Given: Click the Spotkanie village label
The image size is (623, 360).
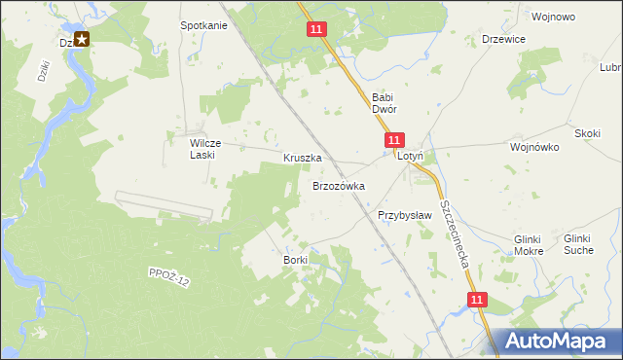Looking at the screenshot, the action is pos(203,25).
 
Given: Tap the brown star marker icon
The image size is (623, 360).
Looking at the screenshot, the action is pos(82,40).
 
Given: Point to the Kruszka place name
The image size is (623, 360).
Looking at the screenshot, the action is pos(302,158).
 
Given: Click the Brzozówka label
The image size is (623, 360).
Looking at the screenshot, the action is pos(338,185).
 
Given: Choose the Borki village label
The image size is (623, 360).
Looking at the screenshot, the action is pos(295,260).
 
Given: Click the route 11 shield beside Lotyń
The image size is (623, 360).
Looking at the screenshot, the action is pos(393,141).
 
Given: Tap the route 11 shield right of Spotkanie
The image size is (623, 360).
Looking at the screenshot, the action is pos(316,30).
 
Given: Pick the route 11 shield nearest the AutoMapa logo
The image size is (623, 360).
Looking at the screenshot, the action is pos(475,302).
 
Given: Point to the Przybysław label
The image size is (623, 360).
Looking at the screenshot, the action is pos(404,216).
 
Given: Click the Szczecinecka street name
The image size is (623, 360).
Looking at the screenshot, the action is pos(455,234).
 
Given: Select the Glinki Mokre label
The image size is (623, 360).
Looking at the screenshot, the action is pos(529,245).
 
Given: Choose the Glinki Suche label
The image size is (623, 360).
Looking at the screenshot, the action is pos(578,244).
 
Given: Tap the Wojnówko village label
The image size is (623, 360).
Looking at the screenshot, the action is pos(533,148).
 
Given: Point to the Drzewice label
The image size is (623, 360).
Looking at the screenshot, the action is pos(504,39).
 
